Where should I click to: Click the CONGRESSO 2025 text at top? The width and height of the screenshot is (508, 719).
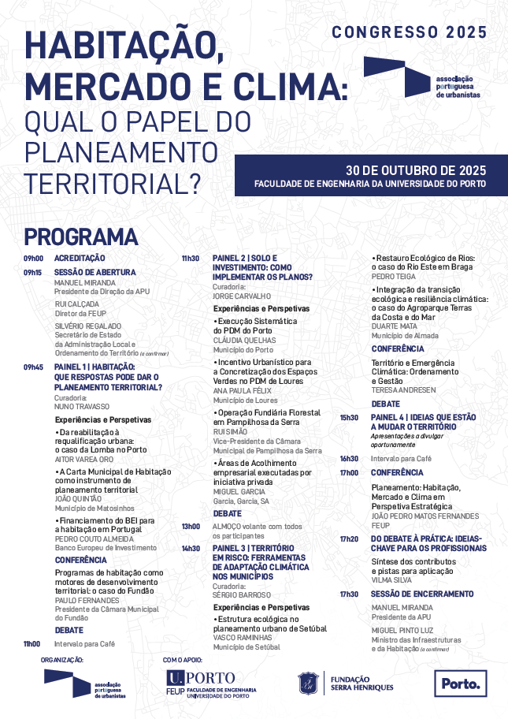[x=409, y=32]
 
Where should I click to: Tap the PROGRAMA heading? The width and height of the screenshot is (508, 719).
[x=80, y=237]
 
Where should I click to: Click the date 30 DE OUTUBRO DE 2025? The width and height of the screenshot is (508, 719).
[x=416, y=170]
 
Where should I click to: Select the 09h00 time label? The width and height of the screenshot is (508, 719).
[x=32, y=259]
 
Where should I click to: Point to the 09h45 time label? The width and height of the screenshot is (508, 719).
[x=32, y=367]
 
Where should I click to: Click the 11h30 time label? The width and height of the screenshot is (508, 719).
[x=191, y=259]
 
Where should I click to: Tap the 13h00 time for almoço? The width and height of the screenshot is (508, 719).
[x=191, y=526]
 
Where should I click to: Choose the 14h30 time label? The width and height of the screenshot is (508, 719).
[x=191, y=548]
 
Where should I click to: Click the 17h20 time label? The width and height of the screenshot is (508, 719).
[x=349, y=538]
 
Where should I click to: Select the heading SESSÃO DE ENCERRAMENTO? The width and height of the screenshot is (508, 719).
[x=422, y=594]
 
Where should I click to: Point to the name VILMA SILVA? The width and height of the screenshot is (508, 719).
[x=391, y=579]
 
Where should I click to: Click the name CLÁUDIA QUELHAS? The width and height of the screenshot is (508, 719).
[x=244, y=340]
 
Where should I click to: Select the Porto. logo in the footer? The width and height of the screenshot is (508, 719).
[x=461, y=684]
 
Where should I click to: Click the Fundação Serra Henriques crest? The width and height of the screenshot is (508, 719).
[x=308, y=684]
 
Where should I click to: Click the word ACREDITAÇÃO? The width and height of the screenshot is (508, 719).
[x=79, y=259]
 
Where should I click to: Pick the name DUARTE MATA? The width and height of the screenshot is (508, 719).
[x=394, y=326]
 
